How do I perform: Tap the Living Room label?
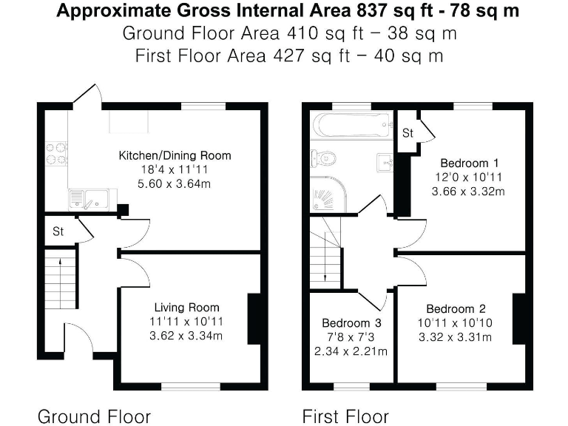(x=186, y=308)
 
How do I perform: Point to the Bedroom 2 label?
(x=456, y=309)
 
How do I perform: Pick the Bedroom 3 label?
(x=351, y=323)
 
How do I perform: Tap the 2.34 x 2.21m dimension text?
(x=351, y=351)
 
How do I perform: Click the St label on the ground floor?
(x=58, y=231)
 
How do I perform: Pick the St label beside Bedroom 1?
(x=408, y=134)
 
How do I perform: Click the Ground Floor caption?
(x=94, y=416)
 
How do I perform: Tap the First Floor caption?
(x=345, y=416)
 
